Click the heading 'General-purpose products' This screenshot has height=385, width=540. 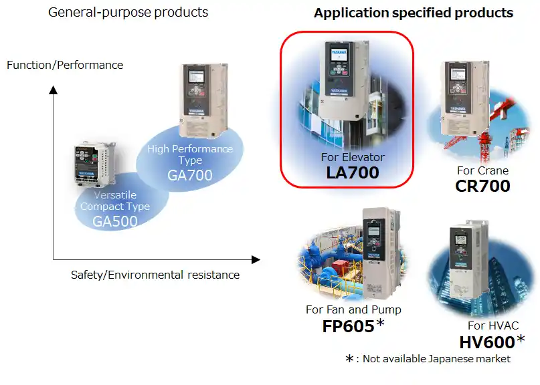pos(128,12)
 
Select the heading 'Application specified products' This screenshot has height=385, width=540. pos(414,13)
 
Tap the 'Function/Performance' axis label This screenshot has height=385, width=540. pos(65,65)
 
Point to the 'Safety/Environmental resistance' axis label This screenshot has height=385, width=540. pos(155,274)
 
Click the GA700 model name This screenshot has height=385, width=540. pos(190,176)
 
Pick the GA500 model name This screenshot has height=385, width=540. pos(115,222)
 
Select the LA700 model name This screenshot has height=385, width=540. pos(353,172)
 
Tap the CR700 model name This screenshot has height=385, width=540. pos(482,185)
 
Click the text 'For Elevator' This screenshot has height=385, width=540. pos(353,157)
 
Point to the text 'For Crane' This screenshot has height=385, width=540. pos(482,170)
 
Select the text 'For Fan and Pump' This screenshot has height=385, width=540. pos(353,309)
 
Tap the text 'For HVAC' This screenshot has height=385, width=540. pos(492,326)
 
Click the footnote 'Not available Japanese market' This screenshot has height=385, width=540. pos(436,359)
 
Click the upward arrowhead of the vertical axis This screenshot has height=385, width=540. pos(54,90)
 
